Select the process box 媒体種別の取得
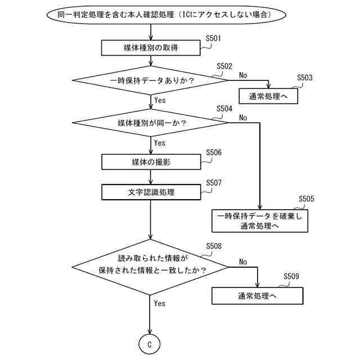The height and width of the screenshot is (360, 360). [x=151, y=48]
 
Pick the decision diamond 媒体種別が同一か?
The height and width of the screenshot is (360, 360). [x=151, y=123]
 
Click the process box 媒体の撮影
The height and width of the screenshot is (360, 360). [x=151, y=162]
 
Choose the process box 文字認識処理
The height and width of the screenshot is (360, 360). [x=151, y=192]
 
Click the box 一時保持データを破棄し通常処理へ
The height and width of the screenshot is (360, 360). [x=260, y=220]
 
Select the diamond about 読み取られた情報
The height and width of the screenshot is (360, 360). [x=151, y=265]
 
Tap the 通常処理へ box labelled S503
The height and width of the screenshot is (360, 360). [x=268, y=96]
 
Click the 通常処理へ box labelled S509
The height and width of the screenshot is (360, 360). [x=257, y=296]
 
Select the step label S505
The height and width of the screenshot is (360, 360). [x=307, y=199]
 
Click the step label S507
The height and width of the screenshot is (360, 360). [x=214, y=183]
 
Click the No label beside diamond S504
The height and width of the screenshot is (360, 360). [x=243, y=118]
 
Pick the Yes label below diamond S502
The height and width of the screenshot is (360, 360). [x=160, y=100]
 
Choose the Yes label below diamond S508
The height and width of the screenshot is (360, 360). [x=160, y=303]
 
